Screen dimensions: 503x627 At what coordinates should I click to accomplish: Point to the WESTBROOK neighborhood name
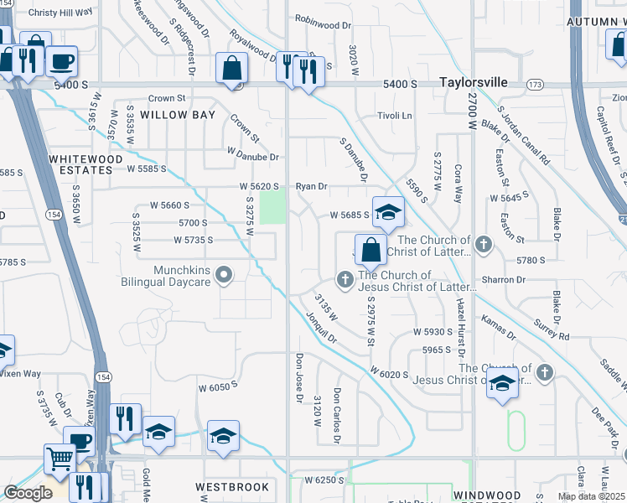(x=232, y=487)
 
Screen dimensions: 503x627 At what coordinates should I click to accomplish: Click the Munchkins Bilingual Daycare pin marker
(x=224, y=274)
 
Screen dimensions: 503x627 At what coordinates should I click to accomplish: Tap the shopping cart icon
(x=59, y=459)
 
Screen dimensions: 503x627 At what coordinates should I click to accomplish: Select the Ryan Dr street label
(x=310, y=186)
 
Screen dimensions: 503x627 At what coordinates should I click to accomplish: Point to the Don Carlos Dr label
(x=337, y=414)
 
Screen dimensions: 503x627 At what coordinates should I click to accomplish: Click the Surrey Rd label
(x=552, y=329)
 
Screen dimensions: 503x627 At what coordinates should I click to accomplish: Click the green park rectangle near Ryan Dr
(x=272, y=207)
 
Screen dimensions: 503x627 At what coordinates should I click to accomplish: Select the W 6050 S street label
(x=218, y=387)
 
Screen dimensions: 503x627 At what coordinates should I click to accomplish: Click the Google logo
(x=28, y=493)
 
